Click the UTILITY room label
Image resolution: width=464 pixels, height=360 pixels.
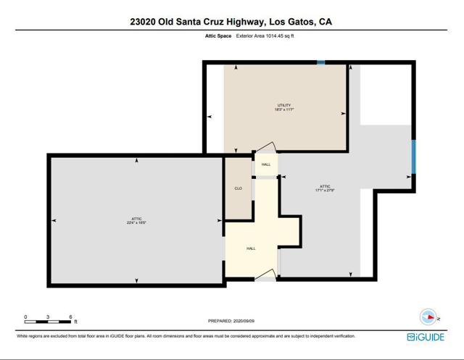click(283, 105)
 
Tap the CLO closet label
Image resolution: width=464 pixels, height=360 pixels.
click(238, 188)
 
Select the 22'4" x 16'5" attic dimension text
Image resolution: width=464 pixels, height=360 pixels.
click(136, 222)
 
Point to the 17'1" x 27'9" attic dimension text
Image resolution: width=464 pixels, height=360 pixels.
click(324, 191)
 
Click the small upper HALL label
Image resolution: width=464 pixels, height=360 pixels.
click(266, 164)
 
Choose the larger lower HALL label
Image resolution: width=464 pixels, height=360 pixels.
click(251, 248)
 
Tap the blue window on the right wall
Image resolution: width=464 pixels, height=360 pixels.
click(413, 157)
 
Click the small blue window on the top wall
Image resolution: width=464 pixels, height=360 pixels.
click(320, 63)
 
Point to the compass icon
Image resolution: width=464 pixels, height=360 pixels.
click(428, 317)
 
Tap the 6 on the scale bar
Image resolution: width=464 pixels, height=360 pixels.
click(70, 317)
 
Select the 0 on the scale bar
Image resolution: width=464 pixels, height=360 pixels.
click(25, 317)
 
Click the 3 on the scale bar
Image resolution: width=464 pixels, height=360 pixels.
click(48, 317)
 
